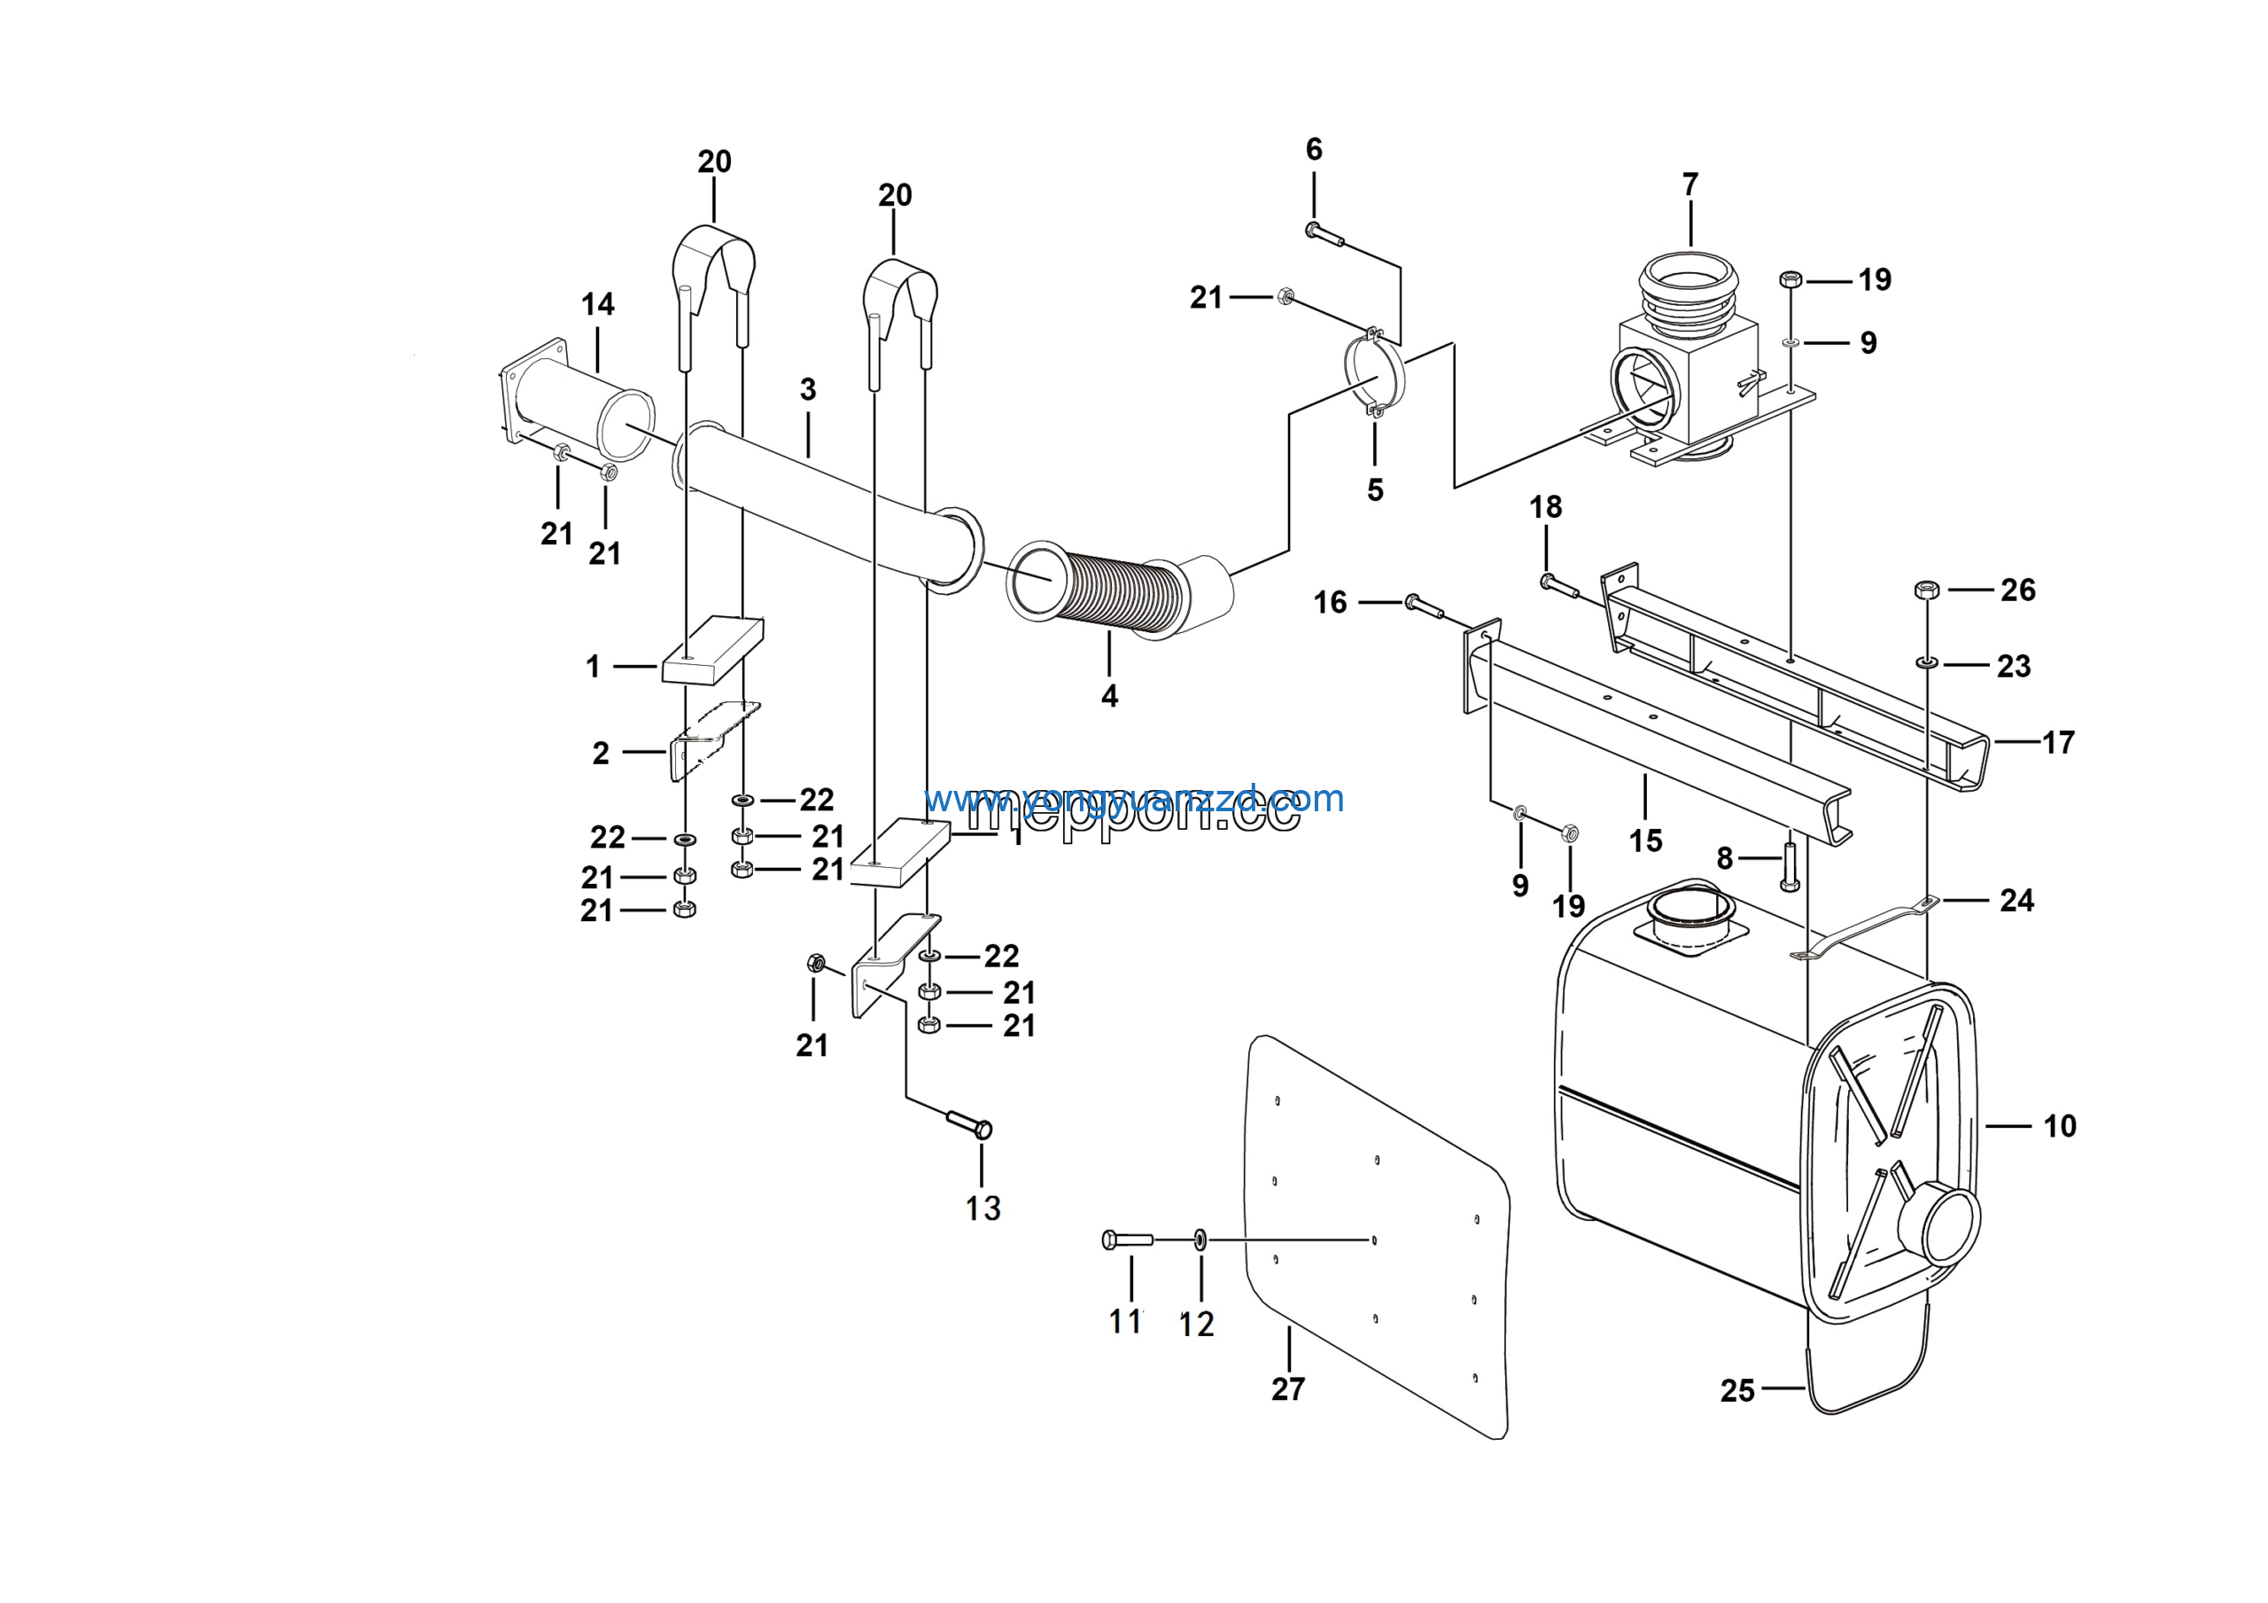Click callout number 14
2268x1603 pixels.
click(x=598, y=304)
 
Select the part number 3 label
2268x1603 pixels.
click(x=808, y=389)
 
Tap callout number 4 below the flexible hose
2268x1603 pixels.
click(x=1109, y=697)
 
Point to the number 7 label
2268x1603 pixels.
click(x=1690, y=184)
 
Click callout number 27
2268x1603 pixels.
click(x=1288, y=1389)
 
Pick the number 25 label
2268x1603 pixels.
click(x=1737, y=1391)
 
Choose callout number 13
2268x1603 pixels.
click(x=983, y=1208)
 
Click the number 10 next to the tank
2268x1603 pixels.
click(x=2060, y=1127)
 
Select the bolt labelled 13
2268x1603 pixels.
click(x=968, y=1124)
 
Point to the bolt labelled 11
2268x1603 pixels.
click(x=1127, y=1239)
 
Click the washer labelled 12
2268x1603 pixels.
click(x=1200, y=1239)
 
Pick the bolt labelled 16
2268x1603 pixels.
click(x=1424, y=605)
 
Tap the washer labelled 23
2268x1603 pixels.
click(x=1926, y=661)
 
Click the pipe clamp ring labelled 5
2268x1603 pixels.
click(x=1375, y=373)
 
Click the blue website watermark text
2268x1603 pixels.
click(x=1134, y=799)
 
